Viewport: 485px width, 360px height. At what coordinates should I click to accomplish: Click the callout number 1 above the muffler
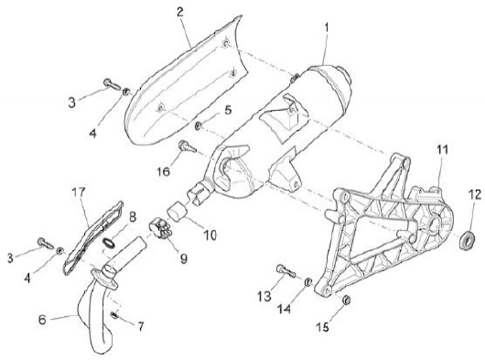click(327, 29)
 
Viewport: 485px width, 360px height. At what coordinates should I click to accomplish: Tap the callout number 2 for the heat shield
click(180, 11)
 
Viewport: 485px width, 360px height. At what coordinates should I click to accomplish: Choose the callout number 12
click(475, 196)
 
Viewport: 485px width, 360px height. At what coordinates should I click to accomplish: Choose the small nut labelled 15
click(345, 299)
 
